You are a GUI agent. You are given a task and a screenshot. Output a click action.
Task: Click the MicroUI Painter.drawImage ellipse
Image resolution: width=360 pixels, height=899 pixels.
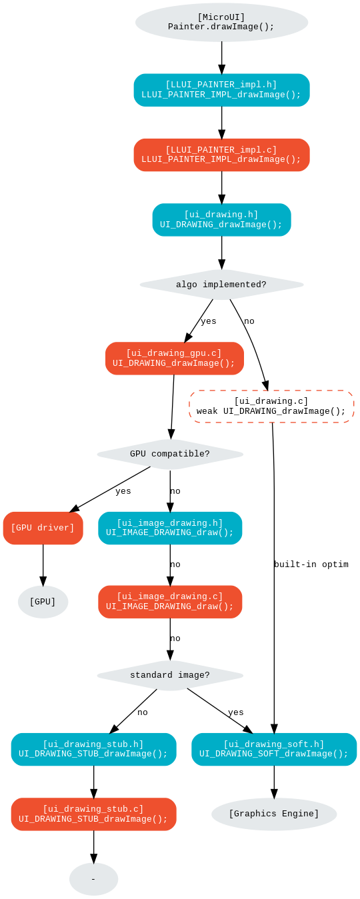point(221,23)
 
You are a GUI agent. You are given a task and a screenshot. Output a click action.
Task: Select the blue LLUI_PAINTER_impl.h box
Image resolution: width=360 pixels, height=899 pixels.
point(221,90)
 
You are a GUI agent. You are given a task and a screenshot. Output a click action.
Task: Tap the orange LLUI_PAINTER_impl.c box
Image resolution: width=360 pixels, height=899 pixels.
point(221,155)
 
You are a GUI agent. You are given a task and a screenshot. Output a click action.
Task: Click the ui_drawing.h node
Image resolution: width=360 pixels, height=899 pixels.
point(221,220)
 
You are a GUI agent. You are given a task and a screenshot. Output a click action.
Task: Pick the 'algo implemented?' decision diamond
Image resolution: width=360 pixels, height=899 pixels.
point(221,285)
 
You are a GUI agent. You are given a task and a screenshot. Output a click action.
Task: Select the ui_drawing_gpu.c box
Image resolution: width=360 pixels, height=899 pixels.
point(174,359)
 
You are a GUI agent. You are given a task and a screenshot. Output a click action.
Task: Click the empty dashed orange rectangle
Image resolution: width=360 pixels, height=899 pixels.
point(271,407)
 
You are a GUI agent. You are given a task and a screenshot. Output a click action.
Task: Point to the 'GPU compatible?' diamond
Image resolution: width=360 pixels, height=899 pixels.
point(170,454)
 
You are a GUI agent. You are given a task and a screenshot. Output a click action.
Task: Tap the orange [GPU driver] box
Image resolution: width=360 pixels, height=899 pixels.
point(43,528)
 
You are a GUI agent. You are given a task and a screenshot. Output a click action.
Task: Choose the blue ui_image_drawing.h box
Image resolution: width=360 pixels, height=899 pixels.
point(170,528)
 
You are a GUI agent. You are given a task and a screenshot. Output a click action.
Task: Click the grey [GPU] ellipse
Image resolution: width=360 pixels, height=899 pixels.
point(43,602)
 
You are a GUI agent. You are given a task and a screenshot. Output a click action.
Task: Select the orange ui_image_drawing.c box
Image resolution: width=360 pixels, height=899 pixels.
point(170,602)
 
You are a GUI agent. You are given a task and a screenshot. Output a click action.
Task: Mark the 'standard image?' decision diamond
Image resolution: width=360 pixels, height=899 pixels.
point(170,675)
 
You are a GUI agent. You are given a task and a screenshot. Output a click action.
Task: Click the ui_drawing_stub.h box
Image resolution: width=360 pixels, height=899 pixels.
point(93,749)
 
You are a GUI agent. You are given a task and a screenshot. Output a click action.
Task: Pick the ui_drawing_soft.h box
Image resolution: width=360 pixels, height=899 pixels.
point(274,749)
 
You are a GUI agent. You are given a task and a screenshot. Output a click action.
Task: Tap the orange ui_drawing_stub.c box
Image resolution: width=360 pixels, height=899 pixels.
point(93,814)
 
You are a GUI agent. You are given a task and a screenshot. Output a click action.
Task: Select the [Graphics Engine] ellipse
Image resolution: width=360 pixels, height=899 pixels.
point(274,814)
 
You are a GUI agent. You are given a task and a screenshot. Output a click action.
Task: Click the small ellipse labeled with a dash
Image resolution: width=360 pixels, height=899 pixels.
point(93,879)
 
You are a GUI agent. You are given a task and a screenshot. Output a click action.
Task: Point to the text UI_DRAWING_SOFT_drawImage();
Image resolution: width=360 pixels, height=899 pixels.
point(274,754)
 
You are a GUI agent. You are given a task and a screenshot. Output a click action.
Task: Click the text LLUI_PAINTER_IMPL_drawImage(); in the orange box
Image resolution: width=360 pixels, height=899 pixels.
point(221,160)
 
